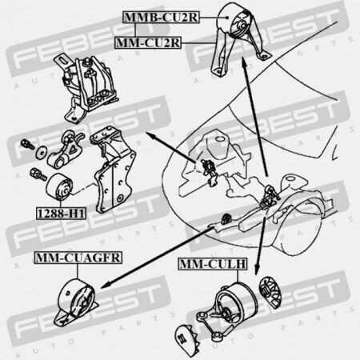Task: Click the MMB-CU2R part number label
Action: [161, 18]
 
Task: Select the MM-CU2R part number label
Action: [148, 42]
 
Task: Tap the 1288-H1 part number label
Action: [61, 214]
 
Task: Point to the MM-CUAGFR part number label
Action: [78, 258]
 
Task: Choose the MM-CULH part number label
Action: [213, 264]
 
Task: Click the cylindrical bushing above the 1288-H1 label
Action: [60, 186]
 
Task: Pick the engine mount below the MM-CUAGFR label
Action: [76, 302]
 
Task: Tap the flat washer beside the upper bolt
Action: [41, 153]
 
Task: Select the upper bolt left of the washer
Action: [27, 144]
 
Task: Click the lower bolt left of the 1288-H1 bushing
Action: [38, 174]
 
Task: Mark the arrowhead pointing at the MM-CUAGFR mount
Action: [106, 286]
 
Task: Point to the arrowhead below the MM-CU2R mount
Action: [244, 62]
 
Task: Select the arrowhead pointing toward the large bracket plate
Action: [150, 135]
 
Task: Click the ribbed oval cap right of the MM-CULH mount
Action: [270, 292]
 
